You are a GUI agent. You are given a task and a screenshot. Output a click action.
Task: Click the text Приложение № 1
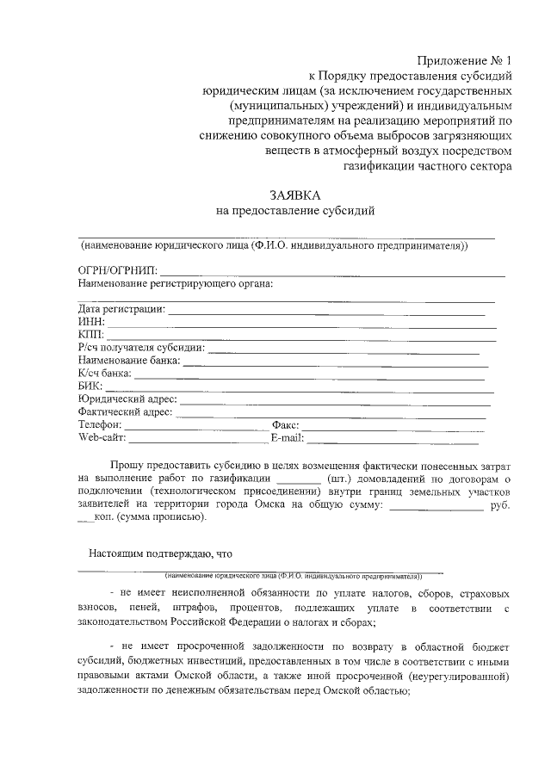464,60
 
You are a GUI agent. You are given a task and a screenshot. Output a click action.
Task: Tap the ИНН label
90,321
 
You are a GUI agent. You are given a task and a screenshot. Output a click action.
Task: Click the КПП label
90,334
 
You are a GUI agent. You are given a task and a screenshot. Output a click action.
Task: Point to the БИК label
90,386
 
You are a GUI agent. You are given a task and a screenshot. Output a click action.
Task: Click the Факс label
284,424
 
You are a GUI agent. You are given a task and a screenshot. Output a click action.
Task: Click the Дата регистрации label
121,308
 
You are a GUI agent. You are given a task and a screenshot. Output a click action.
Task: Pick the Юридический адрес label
127,399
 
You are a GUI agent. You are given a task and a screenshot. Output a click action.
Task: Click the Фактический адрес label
125,411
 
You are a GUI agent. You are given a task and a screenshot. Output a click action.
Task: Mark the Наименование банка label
128,360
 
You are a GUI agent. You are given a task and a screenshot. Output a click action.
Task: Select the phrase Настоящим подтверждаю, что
161,553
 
